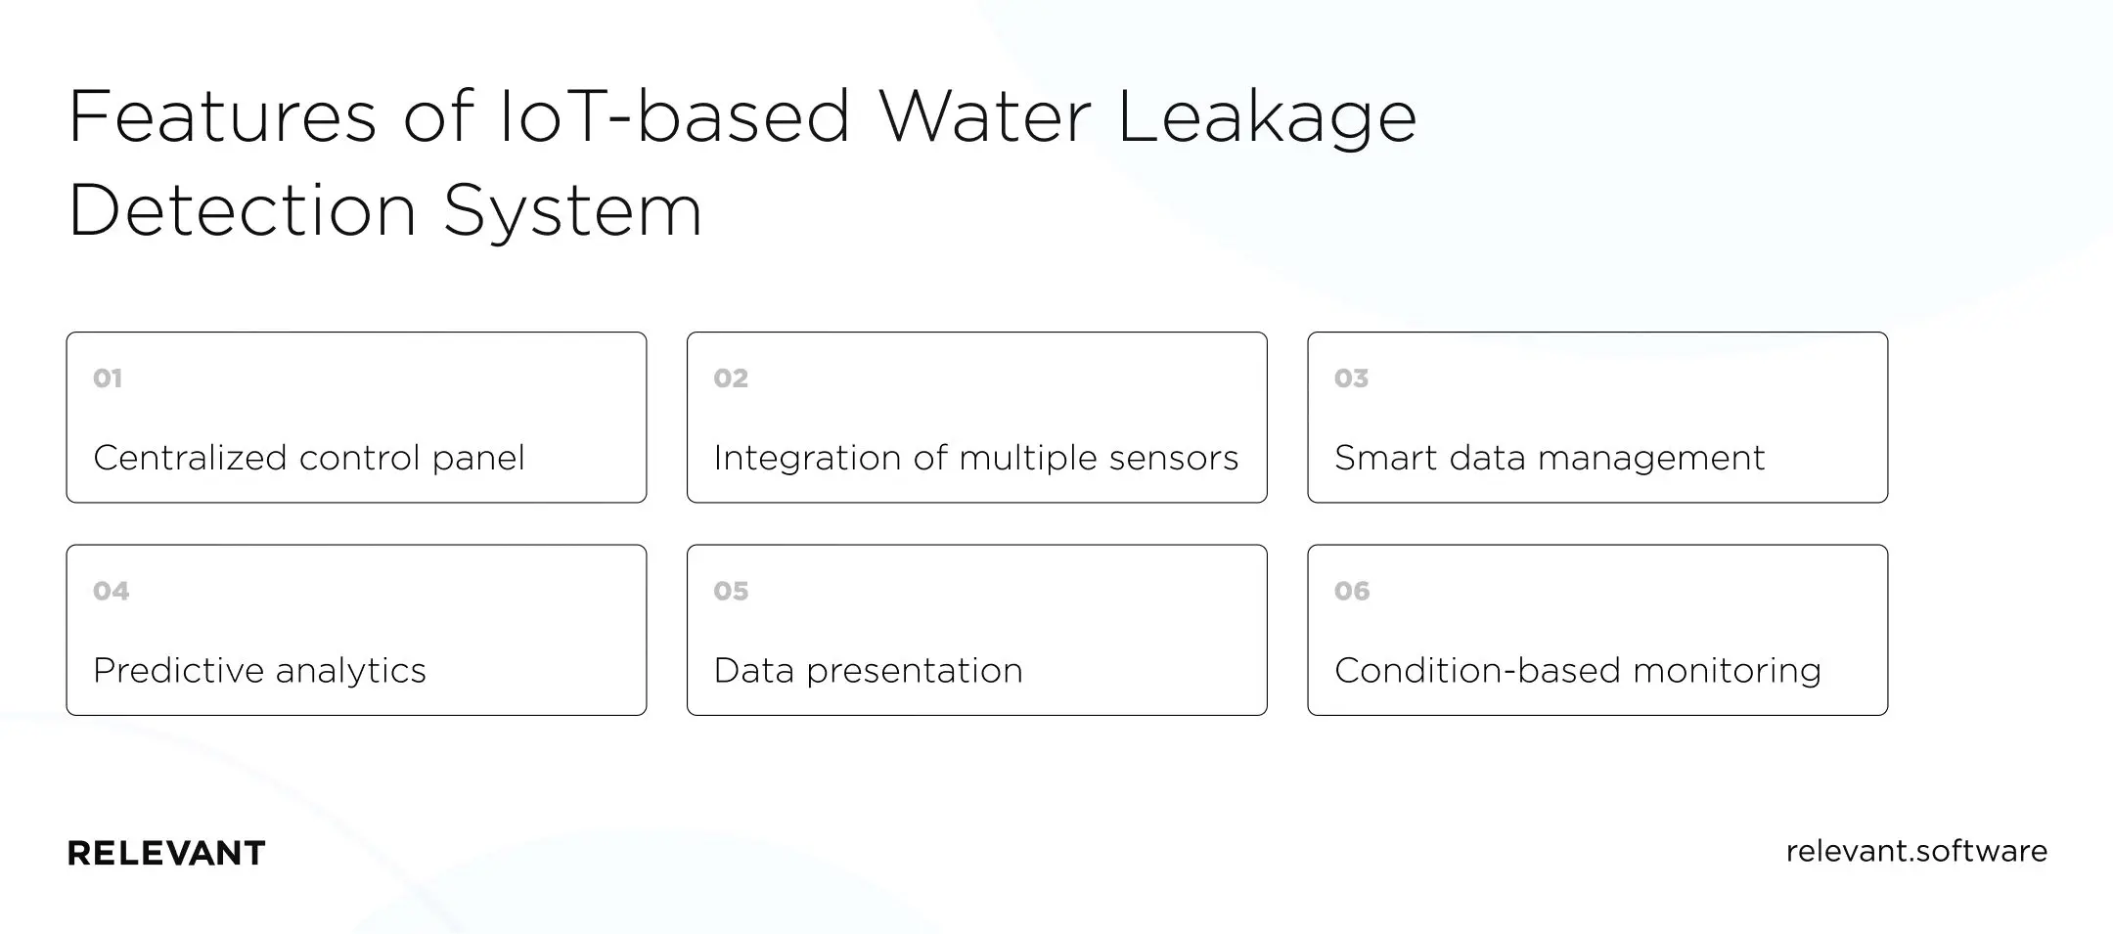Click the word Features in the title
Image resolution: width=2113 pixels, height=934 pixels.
pos(222,117)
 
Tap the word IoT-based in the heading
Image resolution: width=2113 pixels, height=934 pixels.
pos(675,117)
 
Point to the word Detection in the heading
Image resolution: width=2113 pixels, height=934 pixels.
pos(243,210)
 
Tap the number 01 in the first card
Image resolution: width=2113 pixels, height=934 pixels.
pos(108,378)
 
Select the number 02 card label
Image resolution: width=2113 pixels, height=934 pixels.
pos(731,378)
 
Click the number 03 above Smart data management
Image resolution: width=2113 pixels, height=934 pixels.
pos(1351,378)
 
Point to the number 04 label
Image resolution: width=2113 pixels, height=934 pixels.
pos(111,591)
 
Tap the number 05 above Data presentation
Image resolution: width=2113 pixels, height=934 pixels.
pos(731,591)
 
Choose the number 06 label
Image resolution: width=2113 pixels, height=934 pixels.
pos(1352,591)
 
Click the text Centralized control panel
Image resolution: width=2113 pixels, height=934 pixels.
pos(309,458)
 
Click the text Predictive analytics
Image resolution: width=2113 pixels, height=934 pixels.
pos(259,671)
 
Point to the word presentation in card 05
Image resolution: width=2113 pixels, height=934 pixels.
pos(914,671)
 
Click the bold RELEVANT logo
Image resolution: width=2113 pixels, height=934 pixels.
pos(166,853)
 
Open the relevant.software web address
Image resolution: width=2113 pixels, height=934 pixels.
pos(1915,851)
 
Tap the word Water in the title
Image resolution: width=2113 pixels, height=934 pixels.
pos(984,117)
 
